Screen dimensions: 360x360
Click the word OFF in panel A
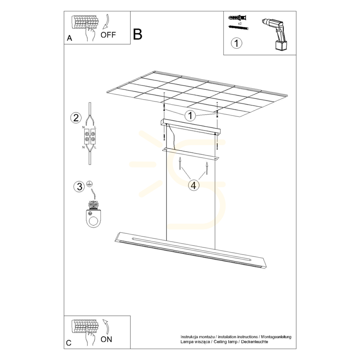click(108, 35)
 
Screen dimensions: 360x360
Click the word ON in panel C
click(106, 339)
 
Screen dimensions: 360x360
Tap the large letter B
click(138, 34)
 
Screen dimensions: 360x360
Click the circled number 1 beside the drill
click(236, 43)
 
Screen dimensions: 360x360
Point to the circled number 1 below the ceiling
click(190, 116)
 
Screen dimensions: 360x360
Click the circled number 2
click(76, 118)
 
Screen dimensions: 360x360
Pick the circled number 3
click(79, 186)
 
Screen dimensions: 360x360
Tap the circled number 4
click(194, 185)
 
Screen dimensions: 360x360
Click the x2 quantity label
click(240, 23)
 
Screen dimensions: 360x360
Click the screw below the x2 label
click(239, 28)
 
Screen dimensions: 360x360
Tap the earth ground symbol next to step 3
click(90, 183)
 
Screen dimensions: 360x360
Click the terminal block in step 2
click(90, 137)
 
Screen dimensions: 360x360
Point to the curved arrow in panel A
click(106, 22)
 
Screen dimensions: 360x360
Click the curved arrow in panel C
click(106, 326)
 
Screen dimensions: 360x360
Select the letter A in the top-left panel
click(69, 38)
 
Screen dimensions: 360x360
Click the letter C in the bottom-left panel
click(69, 343)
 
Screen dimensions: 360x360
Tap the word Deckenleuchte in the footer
click(254, 342)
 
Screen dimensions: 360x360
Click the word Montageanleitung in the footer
click(276, 337)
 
